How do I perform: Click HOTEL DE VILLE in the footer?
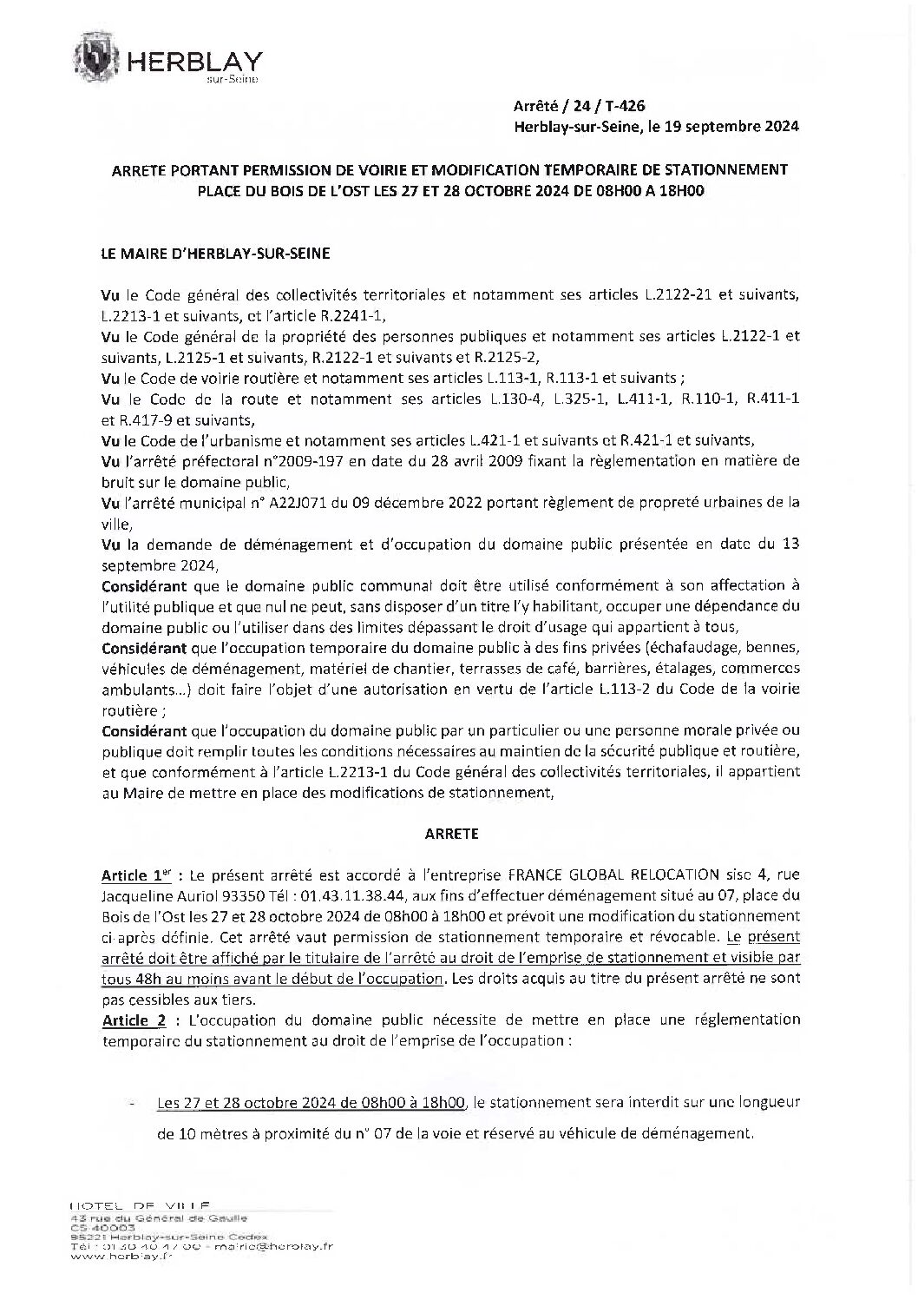click(x=139, y=1206)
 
